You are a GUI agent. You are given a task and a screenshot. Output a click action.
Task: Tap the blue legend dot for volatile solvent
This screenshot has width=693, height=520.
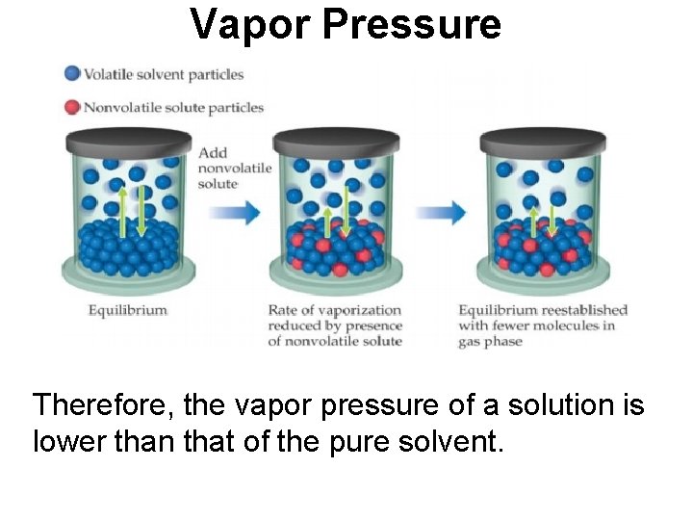pyautogui.click(x=71, y=73)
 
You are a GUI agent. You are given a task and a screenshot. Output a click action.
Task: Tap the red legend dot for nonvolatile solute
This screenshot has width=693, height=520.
pyautogui.click(x=71, y=107)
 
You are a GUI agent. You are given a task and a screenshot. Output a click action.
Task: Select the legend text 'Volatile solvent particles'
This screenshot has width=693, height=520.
pyautogui.click(x=164, y=74)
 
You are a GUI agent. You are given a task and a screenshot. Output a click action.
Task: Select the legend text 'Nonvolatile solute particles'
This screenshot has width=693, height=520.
pyautogui.click(x=173, y=107)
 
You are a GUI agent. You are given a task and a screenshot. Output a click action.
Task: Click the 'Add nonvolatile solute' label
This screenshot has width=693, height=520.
pyautogui.click(x=234, y=168)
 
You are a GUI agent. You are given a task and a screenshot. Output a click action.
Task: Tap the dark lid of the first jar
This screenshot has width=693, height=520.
pyautogui.click(x=124, y=141)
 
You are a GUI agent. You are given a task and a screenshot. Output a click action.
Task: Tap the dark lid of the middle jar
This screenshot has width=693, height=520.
pyautogui.click(x=331, y=141)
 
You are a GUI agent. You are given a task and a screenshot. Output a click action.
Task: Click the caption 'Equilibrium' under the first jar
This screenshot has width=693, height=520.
pyautogui.click(x=128, y=310)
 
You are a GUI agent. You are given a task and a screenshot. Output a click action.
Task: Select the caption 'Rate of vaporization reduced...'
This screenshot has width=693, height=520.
pyautogui.click(x=334, y=325)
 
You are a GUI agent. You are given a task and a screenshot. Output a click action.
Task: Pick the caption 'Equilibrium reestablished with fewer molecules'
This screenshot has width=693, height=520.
pyautogui.click(x=542, y=325)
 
